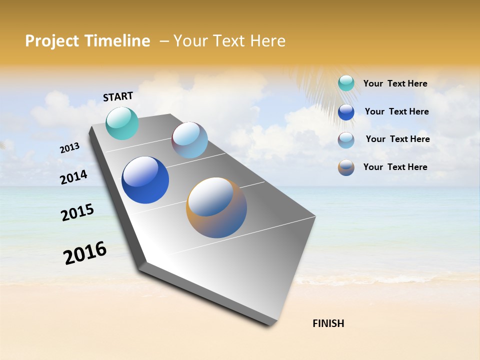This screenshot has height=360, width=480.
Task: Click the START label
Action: coord(118,96)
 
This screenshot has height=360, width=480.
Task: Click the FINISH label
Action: coord(328,323)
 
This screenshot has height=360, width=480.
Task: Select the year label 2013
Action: coord(69,147)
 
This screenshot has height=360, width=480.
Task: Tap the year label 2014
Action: coord(73,177)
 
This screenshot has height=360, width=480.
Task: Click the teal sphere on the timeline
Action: coord(122,123)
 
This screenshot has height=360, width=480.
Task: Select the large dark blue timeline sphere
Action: coord(145,180)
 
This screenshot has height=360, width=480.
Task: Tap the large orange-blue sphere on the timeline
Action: coord(216,207)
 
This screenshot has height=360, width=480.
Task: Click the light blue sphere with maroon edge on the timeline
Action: coord(189,140)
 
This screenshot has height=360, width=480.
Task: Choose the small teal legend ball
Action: coord(346,83)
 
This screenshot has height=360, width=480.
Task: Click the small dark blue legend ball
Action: coord(346,112)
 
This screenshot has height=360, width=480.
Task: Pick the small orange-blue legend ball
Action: coord(346,167)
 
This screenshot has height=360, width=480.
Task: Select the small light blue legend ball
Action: coord(346,140)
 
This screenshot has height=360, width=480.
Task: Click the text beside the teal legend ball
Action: coord(395,83)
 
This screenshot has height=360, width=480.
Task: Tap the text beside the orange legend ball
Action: coord(395,167)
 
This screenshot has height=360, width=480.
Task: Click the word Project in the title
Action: coord(51,41)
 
